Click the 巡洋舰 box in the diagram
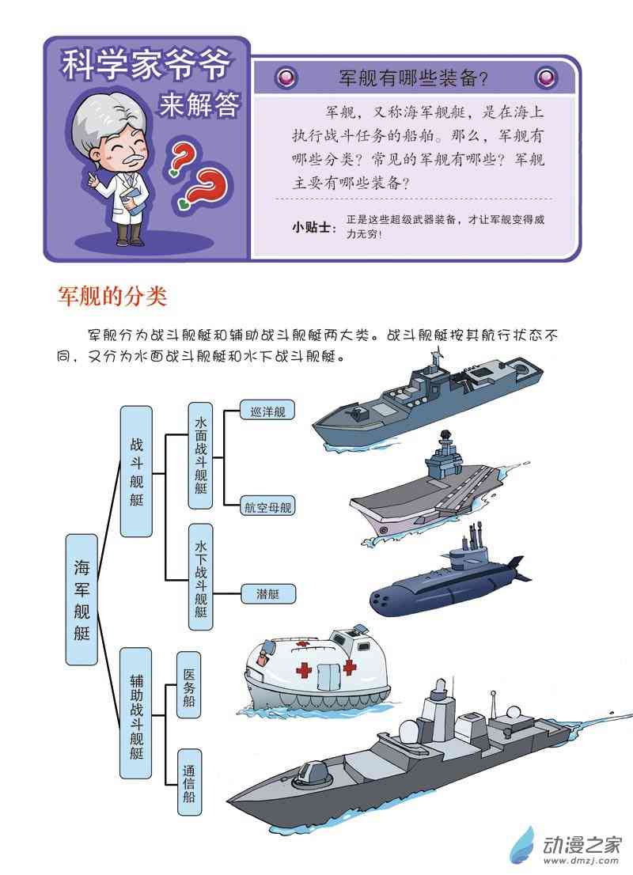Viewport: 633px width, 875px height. [267, 411]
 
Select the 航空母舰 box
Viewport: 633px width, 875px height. [267, 506]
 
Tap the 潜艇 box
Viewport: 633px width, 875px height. [267, 593]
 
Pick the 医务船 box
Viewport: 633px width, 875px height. [189, 687]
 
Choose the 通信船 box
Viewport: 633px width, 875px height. [189, 782]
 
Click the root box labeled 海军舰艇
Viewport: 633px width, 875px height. [81, 600]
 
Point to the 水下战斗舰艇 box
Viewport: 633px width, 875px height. [200, 577]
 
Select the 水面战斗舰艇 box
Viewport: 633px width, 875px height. [200, 456]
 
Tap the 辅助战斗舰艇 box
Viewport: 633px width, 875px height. [135, 713]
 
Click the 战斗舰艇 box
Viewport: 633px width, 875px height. [136, 472]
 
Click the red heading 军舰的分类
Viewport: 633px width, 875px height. [112, 296]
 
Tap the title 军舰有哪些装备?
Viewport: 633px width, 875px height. [414, 78]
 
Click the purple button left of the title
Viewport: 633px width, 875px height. [287, 77]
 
